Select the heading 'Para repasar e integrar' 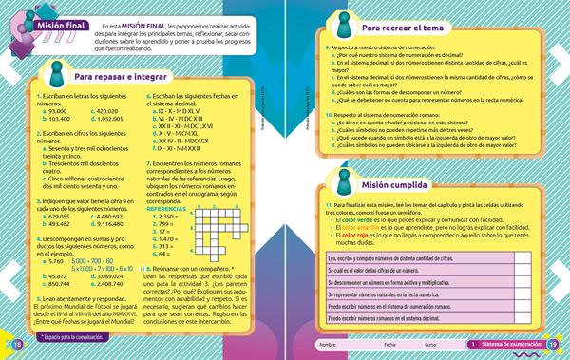click(114, 75)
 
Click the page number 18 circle click(16, 344)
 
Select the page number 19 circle click(552, 344)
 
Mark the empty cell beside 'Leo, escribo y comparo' click(513, 257)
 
